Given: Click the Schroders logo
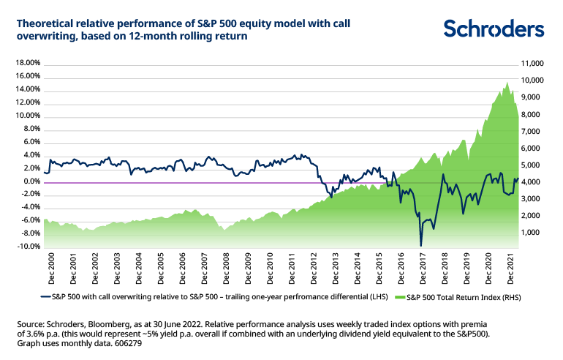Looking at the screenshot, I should point(494,29).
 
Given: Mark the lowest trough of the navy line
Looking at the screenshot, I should point(421,245).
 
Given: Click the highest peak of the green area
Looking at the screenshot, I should point(507,82).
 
